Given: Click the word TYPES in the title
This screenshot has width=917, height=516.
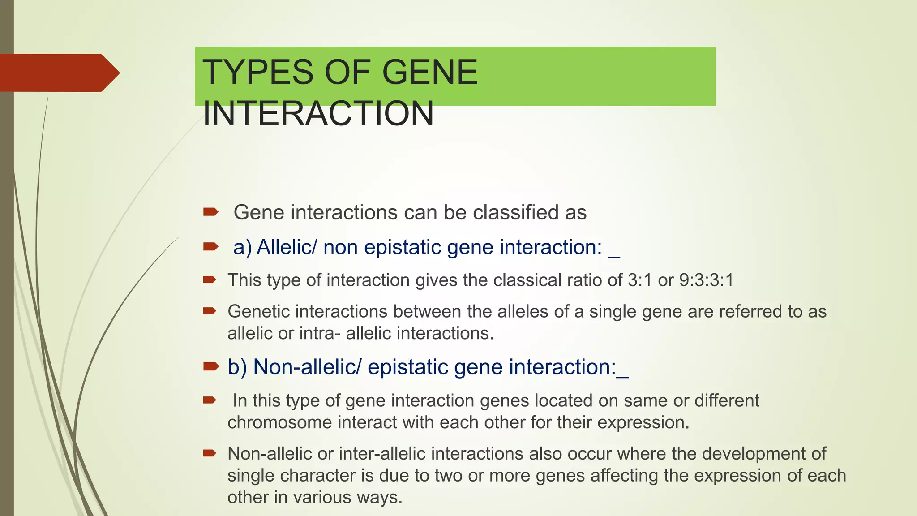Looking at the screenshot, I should pyautogui.click(x=258, y=73).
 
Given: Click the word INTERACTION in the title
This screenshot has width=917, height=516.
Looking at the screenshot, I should pyautogui.click(x=318, y=114).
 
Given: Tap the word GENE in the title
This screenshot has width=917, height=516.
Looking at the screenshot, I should pyautogui.click(x=430, y=73).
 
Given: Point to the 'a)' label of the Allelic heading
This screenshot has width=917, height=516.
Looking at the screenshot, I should pyautogui.click(x=242, y=247).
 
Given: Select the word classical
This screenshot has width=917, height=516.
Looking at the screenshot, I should pyautogui.click(x=527, y=280).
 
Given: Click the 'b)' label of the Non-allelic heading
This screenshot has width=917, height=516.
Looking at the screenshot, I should pyautogui.click(x=237, y=367).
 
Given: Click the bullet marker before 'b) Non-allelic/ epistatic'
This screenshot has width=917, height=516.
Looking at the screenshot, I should pyautogui.click(x=210, y=366).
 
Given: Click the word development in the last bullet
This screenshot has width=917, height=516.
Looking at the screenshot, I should pyautogui.click(x=754, y=454).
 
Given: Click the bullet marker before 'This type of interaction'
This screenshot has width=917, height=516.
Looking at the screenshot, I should pyautogui.click(x=210, y=280).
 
